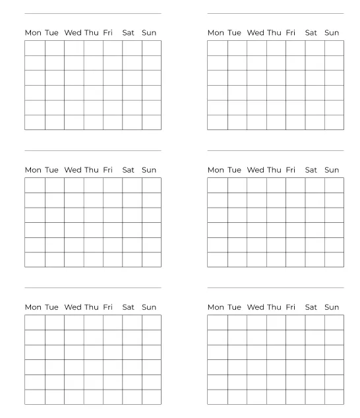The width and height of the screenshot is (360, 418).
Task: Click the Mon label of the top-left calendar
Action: coord(33,32)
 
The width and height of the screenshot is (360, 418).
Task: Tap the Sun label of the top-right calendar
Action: coord(332,32)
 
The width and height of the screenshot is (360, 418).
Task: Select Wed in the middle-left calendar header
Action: coord(73,169)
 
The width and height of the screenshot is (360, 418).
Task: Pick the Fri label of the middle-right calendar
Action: coord(291,169)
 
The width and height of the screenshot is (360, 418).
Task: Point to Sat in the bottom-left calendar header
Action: coord(128,307)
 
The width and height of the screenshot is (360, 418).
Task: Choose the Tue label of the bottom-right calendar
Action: coord(234,307)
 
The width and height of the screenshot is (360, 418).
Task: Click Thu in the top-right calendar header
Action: coord(274,32)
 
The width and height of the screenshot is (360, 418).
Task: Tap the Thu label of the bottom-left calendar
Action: coord(92,307)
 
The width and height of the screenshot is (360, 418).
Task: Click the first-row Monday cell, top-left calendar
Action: coord(35,48)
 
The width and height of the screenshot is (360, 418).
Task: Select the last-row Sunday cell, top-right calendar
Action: coord(334,123)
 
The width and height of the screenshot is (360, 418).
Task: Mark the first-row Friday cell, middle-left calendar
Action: coord(112,185)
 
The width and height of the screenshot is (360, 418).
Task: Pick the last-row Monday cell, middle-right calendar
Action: coord(218,260)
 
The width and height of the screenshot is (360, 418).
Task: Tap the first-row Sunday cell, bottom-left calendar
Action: coord(152,322)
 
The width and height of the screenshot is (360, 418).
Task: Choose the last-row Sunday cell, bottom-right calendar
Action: coord(334,397)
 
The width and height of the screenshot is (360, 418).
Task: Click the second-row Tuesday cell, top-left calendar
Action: coord(55,63)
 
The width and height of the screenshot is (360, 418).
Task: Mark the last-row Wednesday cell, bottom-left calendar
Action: coord(74,397)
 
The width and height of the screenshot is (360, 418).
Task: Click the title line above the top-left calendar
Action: coord(93,13)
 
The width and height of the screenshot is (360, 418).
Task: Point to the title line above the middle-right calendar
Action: coord(276,150)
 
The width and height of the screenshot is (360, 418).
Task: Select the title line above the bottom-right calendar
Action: coord(276,287)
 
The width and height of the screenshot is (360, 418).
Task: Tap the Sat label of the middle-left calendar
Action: coord(128,169)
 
